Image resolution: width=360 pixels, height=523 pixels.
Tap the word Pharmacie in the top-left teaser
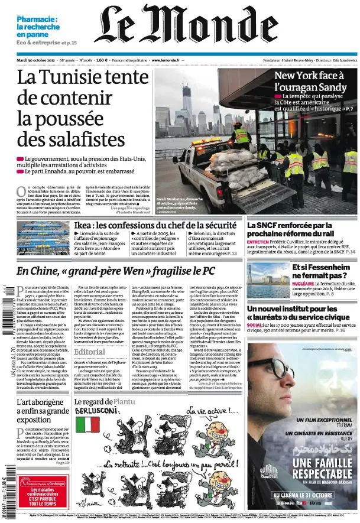coord(35,19)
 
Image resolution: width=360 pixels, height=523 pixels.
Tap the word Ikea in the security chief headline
coord(85,225)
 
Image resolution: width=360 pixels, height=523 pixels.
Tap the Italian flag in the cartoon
coord(88,424)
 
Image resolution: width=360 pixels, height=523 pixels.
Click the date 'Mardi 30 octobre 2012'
coord(37,60)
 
